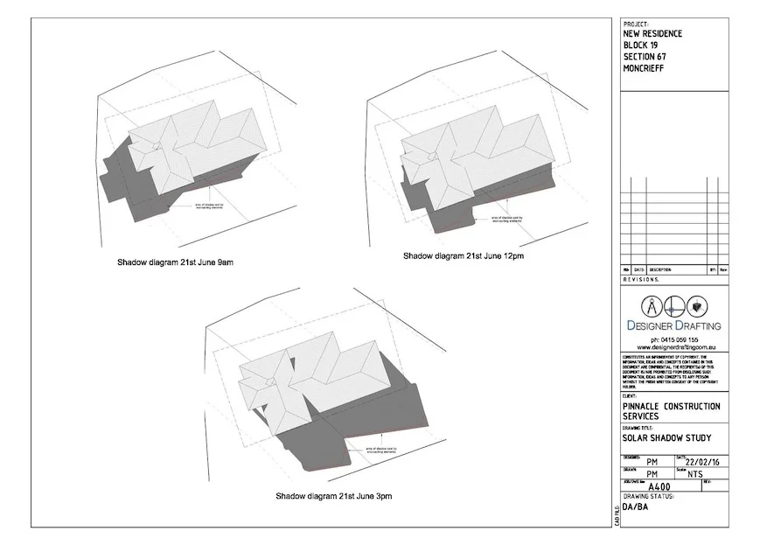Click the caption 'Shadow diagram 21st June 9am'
tap(176, 262)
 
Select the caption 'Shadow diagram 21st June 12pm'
tap(464, 256)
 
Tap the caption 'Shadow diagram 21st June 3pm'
tap(334, 496)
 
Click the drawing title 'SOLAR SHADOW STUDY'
tap(666, 438)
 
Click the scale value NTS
tap(695, 474)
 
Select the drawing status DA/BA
tap(636, 507)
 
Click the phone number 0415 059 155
tap(673, 339)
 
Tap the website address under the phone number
tap(673, 347)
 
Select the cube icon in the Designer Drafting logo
tap(696, 307)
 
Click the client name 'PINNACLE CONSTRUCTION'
tap(672, 407)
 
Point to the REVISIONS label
tap(641, 279)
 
